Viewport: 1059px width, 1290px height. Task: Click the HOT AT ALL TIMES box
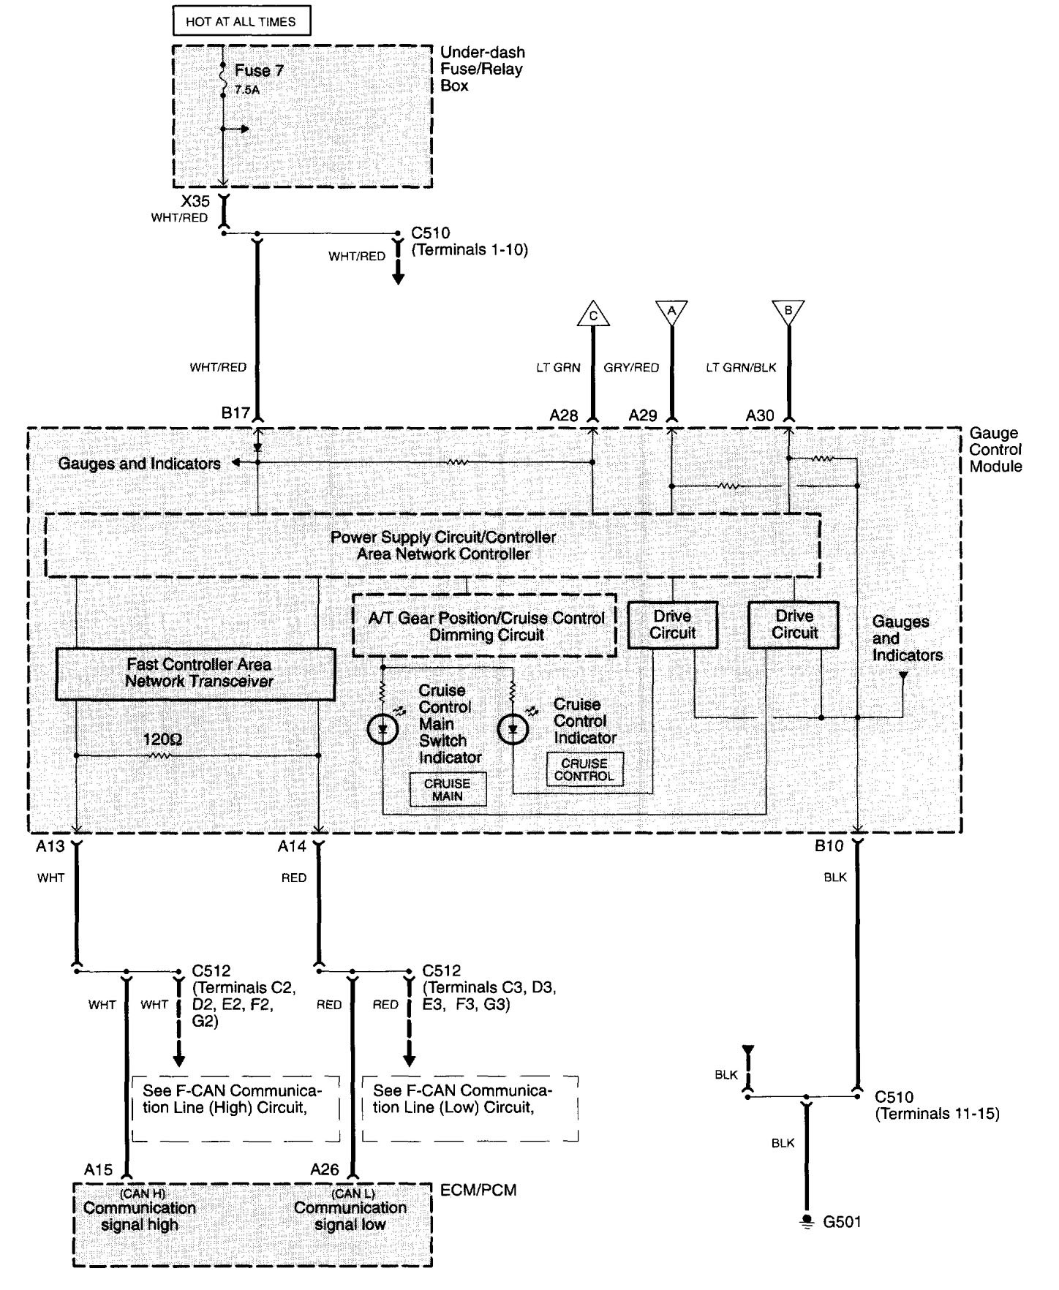click(x=241, y=21)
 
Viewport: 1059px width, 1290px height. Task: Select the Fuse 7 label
click(x=258, y=71)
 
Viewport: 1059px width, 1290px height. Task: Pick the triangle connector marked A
click(x=671, y=311)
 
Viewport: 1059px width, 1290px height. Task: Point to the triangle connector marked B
click(x=788, y=311)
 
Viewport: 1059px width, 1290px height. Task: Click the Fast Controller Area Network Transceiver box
click(x=196, y=674)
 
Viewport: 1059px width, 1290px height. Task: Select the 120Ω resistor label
click(x=162, y=740)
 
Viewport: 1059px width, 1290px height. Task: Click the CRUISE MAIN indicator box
click(x=447, y=790)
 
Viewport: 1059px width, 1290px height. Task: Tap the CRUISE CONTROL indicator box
click(x=584, y=769)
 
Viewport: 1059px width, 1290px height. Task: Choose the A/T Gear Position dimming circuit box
click(x=485, y=626)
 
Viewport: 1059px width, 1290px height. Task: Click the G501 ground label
click(x=842, y=1222)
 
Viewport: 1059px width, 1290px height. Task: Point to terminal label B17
click(x=235, y=413)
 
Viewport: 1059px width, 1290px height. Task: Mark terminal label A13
click(x=50, y=846)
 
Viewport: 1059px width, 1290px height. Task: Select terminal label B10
click(x=829, y=846)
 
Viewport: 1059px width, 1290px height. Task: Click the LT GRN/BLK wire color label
click(x=740, y=368)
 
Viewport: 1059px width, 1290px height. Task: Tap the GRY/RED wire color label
click(x=630, y=368)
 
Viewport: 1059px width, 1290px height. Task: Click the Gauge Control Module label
click(x=995, y=450)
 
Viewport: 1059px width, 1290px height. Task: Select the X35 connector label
click(x=195, y=201)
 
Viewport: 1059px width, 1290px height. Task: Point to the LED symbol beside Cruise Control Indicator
click(x=512, y=729)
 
